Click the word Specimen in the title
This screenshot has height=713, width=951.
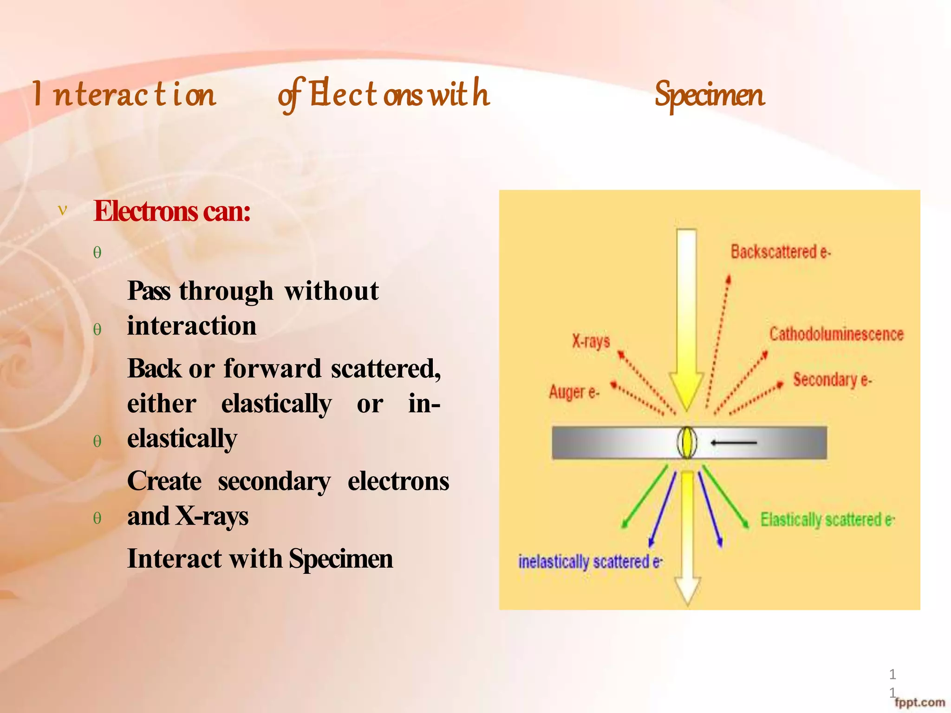pos(709,95)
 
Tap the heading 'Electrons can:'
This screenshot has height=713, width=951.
pos(172,211)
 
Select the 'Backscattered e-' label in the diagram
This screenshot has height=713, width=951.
pos(780,252)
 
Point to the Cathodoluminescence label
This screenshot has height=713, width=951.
pos(836,334)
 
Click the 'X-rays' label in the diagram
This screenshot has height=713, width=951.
pos(591,341)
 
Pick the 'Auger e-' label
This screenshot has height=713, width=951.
pos(574,392)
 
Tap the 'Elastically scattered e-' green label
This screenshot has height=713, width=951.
pos(827,519)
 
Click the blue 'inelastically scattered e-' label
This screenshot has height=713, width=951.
pos(590,562)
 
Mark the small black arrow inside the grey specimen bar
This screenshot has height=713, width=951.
pos(733,443)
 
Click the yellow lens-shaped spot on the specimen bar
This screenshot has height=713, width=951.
pos(687,442)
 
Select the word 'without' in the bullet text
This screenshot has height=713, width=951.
pos(332,292)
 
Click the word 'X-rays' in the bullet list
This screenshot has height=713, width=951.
pos(212,516)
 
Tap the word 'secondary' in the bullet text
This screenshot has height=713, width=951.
pos(274,481)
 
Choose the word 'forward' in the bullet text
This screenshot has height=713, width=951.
pos(272,369)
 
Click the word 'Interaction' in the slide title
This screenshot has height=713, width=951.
pos(124,94)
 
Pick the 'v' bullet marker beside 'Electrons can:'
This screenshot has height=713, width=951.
pos(62,210)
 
